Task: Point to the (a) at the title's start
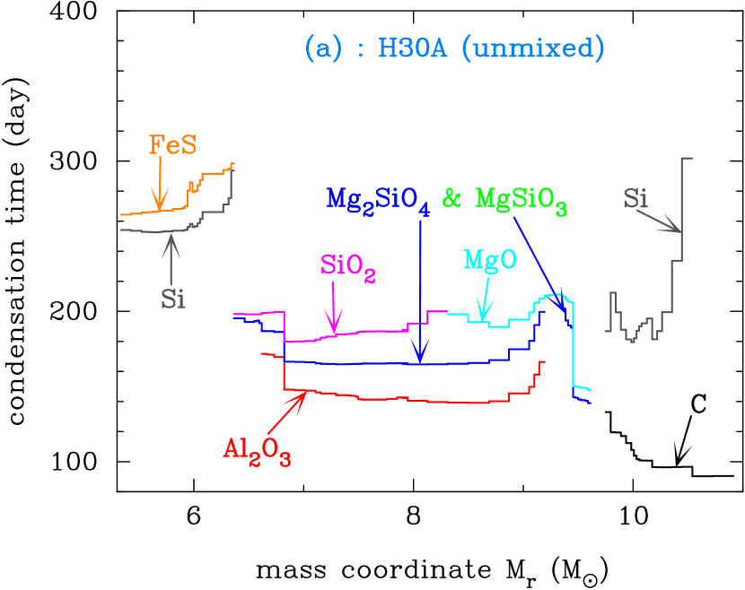pyautogui.click(x=323, y=48)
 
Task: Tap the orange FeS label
pyautogui.click(x=172, y=145)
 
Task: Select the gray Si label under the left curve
pyautogui.click(x=173, y=299)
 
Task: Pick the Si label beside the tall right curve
pyautogui.click(x=635, y=198)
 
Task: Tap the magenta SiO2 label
pyautogui.click(x=347, y=266)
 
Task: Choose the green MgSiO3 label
pyautogui.click(x=521, y=200)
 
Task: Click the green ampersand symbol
pyautogui.click(x=451, y=198)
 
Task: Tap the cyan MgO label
pyautogui.click(x=489, y=260)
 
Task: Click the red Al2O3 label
pyautogui.click(x=257, y=449)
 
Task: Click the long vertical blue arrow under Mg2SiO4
pyautogui.click(x=419, y=287)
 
